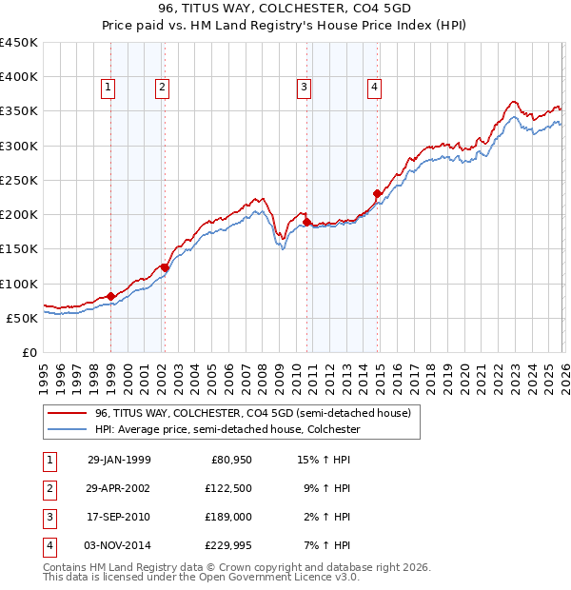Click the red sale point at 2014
pos(378,194)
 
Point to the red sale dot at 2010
pos(306,222)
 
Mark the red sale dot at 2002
pos(165,267)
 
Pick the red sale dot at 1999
pos(110,296)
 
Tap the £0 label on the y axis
pos(29,352)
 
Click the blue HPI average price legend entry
pos(226,430)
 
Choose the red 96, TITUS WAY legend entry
pos(252,414)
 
